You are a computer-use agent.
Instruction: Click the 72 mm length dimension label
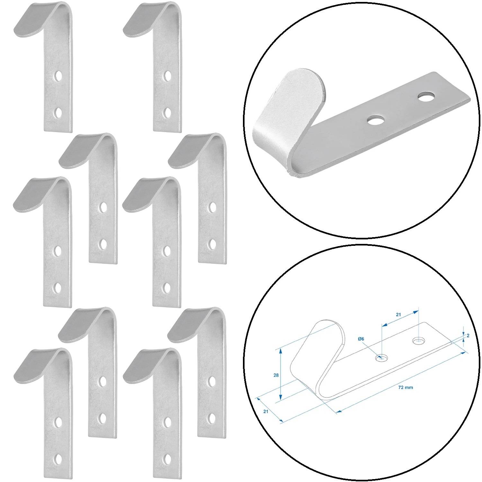[x=406, y=387]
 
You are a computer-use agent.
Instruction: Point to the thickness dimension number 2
[x=468, y=335]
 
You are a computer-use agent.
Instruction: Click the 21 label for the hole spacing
[x=398, y=315]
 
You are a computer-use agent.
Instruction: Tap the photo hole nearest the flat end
[x=425, y=96]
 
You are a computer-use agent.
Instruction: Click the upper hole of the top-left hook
[x=58, y=76]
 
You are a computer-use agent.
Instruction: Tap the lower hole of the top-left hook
[x=58, y=113]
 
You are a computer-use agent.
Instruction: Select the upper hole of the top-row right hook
[x=167, y=76]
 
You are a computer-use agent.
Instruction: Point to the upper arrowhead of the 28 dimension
[x=281, y=351]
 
